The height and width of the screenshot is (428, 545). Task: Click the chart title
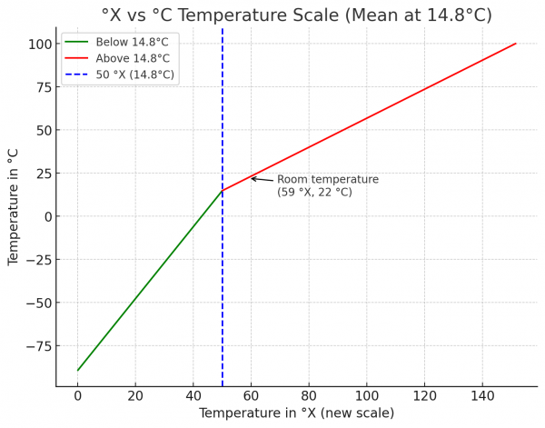coord(296,15)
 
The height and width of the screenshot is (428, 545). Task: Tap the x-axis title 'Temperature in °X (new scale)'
coord(296,413)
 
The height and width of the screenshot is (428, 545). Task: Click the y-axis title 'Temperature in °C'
coord(14,206)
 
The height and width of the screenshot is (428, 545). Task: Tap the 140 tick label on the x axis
coord(482,396)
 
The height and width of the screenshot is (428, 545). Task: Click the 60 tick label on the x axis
coord(252,396)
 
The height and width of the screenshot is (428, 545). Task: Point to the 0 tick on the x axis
coord(78,396)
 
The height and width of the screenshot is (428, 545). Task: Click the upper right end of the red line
coord(516,44)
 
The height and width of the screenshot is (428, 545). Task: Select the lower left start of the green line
coord(78,370)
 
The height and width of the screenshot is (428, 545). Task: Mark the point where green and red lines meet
coord(223,191)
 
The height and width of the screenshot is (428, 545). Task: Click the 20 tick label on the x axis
coord(135,396)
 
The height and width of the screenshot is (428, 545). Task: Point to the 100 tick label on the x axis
coord(367,396)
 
